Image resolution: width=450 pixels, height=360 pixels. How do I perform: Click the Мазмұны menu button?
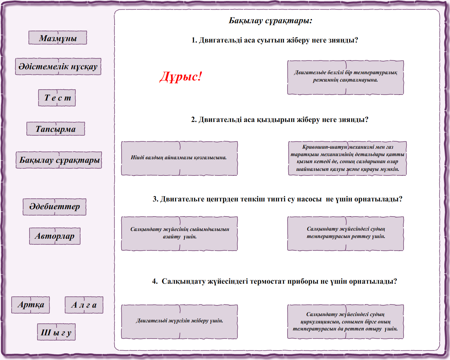point(58,38)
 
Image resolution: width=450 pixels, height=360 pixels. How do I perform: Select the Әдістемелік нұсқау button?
point(58,66)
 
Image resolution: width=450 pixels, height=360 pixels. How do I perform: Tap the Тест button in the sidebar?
point(57,98)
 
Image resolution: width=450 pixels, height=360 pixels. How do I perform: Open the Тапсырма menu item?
point(56,129)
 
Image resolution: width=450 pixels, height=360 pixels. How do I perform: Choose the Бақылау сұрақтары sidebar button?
point(59,160)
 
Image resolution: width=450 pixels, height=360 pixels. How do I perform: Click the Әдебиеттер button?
point(54,206)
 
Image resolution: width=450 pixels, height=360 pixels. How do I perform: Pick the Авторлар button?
point(54,236)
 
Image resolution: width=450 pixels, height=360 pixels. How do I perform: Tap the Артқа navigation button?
point(31,305)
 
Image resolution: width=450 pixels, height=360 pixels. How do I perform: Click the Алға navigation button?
point(84,305)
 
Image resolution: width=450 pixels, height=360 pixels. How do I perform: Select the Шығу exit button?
point(56,332)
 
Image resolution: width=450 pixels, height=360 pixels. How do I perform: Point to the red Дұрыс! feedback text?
point(181,76)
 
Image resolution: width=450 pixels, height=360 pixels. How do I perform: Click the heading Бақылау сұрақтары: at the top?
point(270,21)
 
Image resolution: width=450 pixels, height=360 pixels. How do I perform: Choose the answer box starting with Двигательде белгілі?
point(345,77)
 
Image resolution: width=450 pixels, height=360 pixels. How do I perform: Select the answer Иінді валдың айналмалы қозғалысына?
point(179,158)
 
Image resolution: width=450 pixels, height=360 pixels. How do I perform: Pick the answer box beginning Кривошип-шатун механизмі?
point(347,158)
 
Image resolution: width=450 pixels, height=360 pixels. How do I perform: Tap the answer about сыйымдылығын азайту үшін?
point(179,233)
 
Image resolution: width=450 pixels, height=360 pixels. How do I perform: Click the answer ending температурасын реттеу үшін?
point(345,233)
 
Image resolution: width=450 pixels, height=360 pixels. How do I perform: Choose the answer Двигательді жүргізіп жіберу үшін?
point(179,321)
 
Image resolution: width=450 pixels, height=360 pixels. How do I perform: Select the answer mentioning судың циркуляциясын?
point(345,321)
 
